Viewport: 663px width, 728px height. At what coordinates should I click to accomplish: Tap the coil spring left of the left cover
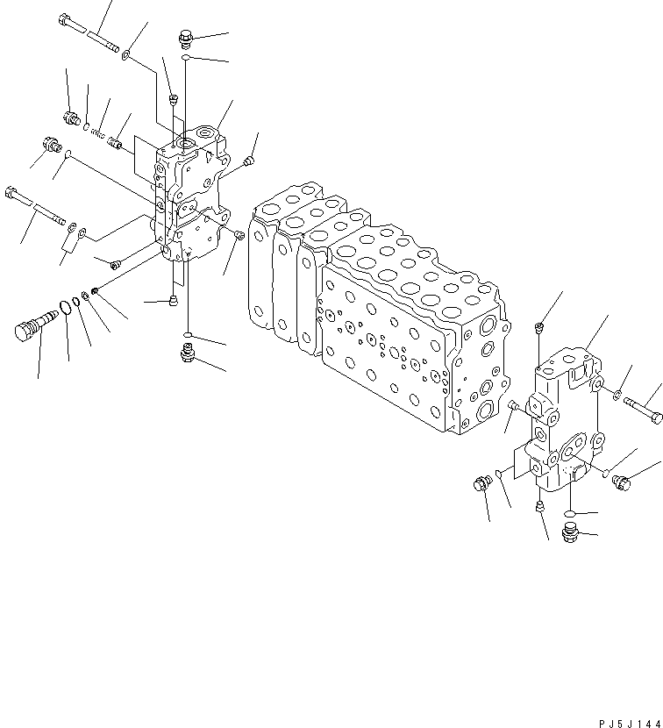[x=98, y=133]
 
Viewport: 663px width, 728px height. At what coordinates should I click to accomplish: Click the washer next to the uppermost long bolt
[x=128, y=55]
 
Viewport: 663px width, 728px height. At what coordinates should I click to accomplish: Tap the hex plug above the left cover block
[x=185, y=37]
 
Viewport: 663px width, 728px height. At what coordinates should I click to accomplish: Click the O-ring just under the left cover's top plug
[x=186, y=58]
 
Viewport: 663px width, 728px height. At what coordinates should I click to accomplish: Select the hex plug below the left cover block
[x=186, y=353]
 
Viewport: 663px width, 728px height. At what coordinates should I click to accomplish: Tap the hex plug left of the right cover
[x=481, y=483]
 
